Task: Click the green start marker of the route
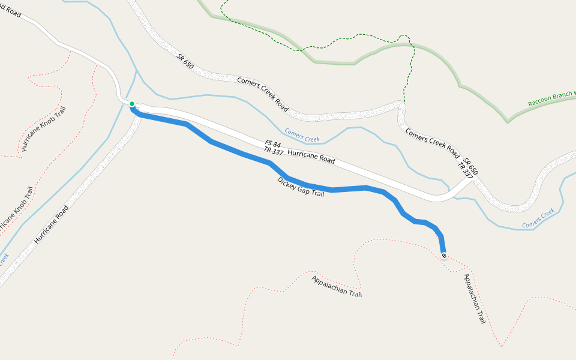(132, 104)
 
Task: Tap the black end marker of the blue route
(444, 256)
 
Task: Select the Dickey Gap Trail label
(301, 187)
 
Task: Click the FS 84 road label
(273, 145)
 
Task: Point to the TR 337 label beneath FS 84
(273, 152)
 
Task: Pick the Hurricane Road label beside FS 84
(311, 157)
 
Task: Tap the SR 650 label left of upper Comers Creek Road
(185, 61)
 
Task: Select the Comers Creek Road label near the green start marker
(263, 95)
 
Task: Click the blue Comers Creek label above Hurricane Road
(302, 135)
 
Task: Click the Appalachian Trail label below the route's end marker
(474, 299)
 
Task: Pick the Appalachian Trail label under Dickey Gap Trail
(337, 286)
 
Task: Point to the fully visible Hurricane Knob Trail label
(43, 129)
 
